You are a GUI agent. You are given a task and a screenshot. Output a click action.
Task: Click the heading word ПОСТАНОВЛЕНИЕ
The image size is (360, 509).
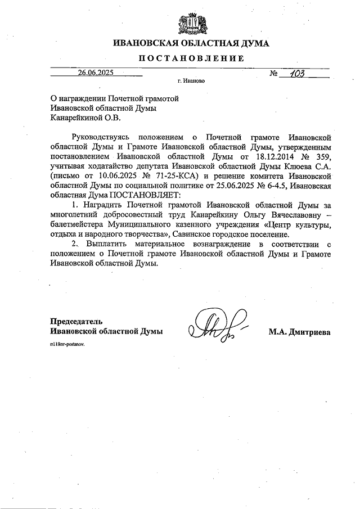191,58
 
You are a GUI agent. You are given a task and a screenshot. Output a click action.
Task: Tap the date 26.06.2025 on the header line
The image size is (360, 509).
96,72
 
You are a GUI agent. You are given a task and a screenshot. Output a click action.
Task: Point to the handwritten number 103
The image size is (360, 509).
293,72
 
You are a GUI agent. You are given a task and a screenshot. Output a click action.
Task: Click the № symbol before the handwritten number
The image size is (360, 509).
274,73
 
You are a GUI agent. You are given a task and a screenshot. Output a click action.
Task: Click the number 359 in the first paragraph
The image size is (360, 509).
322,156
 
